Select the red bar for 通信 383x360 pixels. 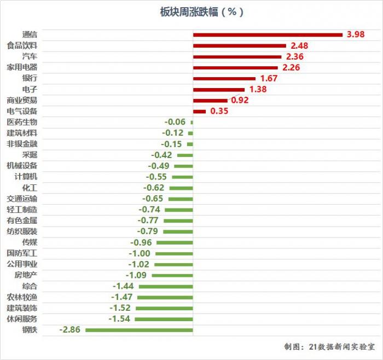[268, 35]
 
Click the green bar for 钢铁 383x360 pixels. [139, 330]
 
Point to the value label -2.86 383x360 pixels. [69, 330]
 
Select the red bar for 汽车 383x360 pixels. [237, 56]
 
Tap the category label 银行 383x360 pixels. [30, 78]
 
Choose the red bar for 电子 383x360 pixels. [219, 89]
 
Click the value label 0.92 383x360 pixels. [240, 100]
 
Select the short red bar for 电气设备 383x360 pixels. [199, 111]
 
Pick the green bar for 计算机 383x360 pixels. [182, 177]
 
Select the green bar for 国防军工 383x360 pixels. [173, 253]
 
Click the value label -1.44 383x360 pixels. [123, 286]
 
